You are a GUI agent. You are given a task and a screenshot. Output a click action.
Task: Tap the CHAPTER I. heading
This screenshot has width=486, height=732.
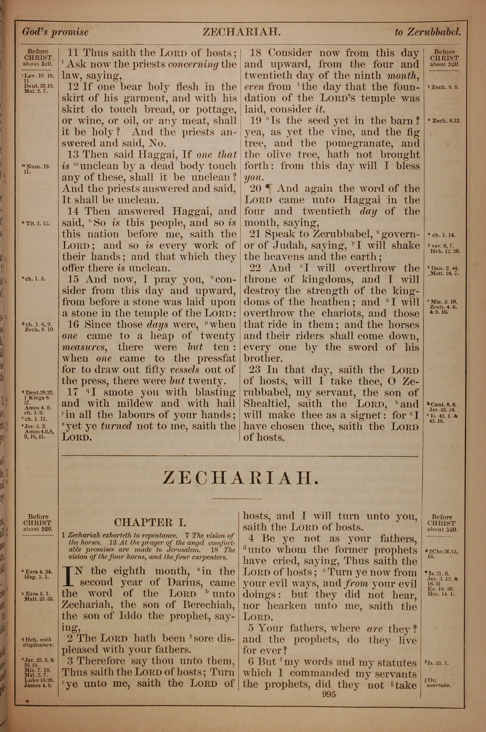coord(150,522)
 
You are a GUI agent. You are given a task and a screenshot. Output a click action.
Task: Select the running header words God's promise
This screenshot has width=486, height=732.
coord(55,32)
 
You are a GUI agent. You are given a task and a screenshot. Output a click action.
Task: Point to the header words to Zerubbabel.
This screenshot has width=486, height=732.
coord(428,32)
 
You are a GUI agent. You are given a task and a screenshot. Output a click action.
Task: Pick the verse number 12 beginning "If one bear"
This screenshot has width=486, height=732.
coord(73,87)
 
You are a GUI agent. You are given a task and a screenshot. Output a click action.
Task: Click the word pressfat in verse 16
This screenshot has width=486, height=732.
coord(216,358)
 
